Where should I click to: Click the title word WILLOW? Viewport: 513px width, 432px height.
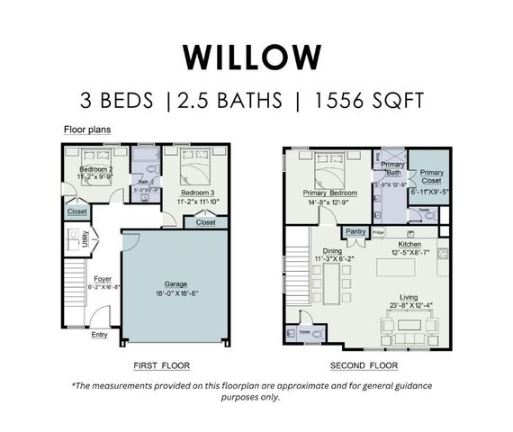(x=251, y=55)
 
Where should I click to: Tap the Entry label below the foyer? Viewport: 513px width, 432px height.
(x=99, y=336)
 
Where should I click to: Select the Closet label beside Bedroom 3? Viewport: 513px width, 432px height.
(x=205, y=221)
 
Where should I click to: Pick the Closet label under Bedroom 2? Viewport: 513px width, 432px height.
(x=76, y=212)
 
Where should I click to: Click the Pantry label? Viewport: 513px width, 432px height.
(x=355, y=231)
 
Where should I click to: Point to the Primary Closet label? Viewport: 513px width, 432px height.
(x=431, y=175)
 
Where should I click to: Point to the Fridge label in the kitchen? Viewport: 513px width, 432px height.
(x=379, y=233)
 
